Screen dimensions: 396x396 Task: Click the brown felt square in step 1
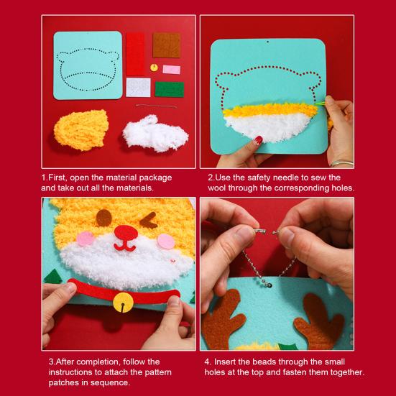click(167, 45)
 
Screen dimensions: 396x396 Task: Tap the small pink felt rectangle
click(172, 70)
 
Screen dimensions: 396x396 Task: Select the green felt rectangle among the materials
click(170, 89)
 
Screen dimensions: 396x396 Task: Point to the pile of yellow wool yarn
click(81, 130)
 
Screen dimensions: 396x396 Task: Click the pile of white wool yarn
click(155, 134)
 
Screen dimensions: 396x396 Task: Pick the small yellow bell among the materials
click(154, 68)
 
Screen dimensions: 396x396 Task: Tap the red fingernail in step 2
click(258, 140)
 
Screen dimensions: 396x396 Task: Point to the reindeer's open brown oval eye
click(103, 218)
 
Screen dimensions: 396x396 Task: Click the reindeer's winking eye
click(149, 221)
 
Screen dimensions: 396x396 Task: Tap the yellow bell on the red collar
click(123, 302)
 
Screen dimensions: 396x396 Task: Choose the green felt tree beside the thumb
click(52, 276)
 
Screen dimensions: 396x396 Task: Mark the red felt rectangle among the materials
click(135, 54)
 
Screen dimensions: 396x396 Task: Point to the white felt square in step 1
click(138, 88)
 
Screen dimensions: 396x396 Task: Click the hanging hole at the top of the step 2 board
click(267, 42)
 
